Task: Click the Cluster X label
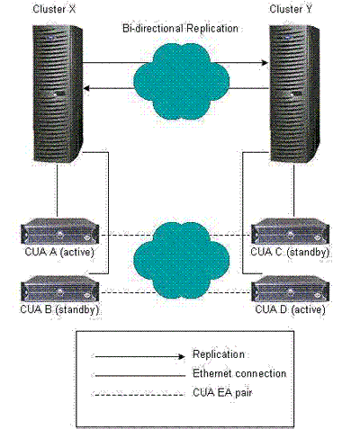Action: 54,9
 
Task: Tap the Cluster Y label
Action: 291,9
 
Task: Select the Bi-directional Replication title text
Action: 180,29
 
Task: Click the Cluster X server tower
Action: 58,94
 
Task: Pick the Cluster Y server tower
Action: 294,94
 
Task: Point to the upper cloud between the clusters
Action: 182,81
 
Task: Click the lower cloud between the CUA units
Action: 182,260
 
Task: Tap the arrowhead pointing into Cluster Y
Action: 265,63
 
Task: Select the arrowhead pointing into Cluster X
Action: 86,88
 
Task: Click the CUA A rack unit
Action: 60,231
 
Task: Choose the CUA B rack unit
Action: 60,289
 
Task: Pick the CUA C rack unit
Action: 291,231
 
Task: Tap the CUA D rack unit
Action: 291,289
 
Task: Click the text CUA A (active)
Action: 59,252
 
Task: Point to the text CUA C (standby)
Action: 290,252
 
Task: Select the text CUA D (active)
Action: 290,309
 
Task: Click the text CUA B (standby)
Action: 59,309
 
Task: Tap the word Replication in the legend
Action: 219,354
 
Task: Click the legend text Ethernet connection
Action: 239,373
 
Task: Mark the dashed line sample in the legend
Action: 139,395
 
